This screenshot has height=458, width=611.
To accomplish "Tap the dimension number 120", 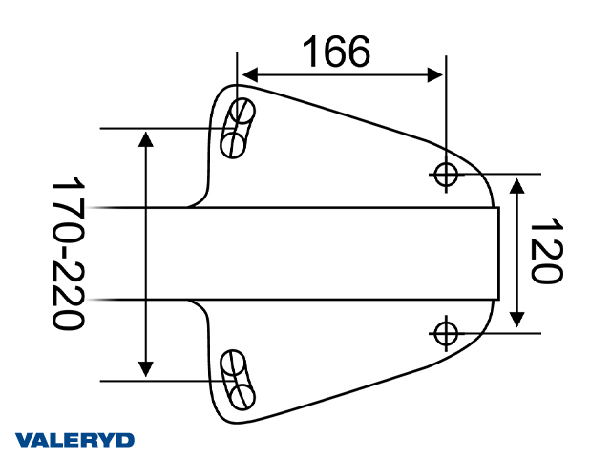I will [x=544, y=252].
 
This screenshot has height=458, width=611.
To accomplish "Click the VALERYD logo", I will [x=75, y=440].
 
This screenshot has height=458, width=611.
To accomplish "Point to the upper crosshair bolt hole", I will [x=446, y=174].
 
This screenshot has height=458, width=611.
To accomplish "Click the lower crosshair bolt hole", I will [x=446, y=332].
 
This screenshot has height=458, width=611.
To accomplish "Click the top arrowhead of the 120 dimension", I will [x=516, y=184].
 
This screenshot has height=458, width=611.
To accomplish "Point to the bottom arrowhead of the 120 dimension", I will [x=516, y=322].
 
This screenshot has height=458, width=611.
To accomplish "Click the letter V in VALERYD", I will [x=24, y=440].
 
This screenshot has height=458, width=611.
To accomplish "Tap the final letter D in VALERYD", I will [x=125, y=440].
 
